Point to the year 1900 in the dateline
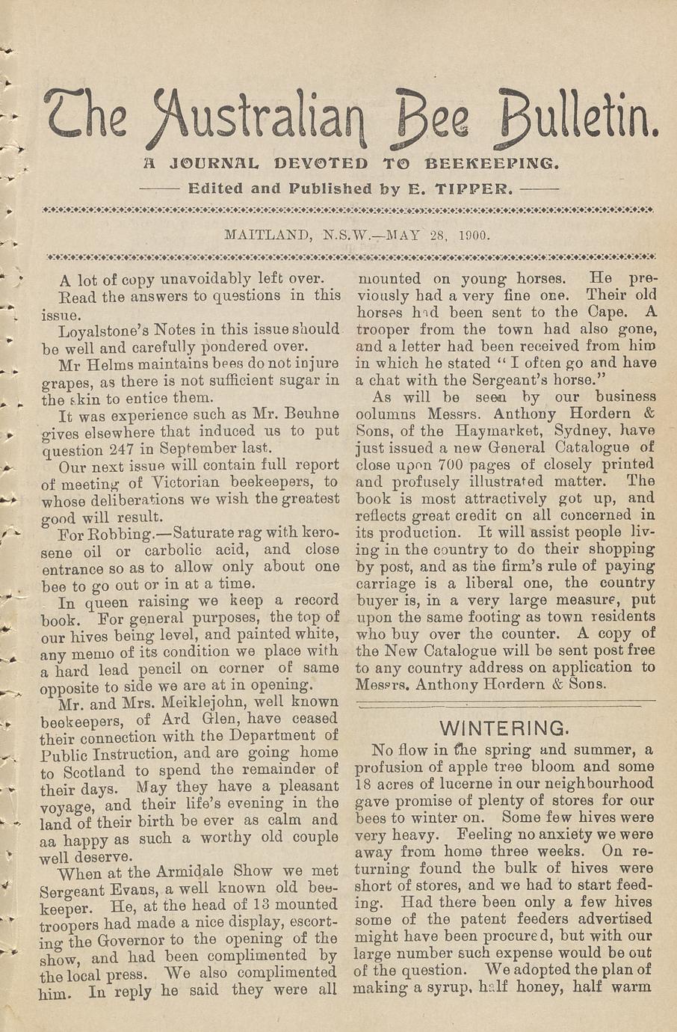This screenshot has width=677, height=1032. coord(474,235)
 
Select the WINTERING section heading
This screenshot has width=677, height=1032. coord(504,728)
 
